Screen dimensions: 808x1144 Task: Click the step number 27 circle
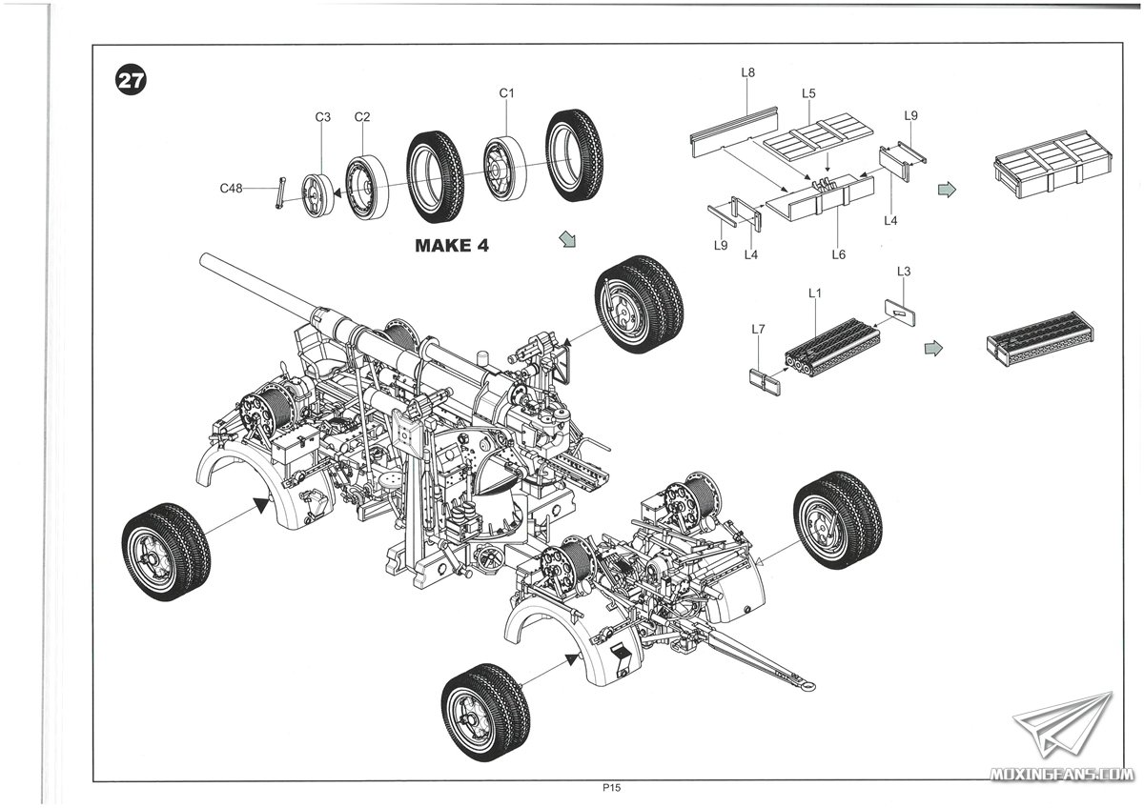[x=131, y=81]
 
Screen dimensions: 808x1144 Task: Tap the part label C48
[x=231, y=189]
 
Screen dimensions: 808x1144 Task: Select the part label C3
[x=323, y=117]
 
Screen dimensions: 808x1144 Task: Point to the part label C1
[x=507, y=93]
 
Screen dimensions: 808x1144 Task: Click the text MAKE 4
[x=452, y=246]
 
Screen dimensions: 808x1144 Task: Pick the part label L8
[x=748, y=72]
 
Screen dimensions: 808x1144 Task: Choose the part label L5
[x=808, y=93]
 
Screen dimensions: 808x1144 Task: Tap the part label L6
[x=839, y=254]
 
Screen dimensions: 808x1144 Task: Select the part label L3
[x=905, y=273]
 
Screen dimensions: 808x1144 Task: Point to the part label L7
[x=758, y=329]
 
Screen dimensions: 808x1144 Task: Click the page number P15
[x=611, y=788]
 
